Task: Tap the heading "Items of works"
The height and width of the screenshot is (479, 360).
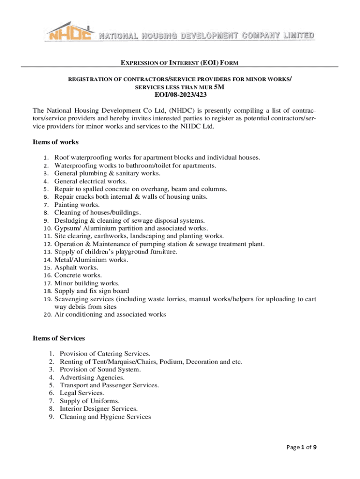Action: (55, 142)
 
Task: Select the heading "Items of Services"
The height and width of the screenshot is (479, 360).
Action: (58, 338)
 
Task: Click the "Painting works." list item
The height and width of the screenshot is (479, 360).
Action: (77, 205)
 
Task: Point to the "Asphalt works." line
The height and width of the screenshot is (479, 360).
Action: (76, 268)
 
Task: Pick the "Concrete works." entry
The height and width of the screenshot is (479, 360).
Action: (78, 276)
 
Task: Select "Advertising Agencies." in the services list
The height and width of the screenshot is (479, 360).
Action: (92, 377)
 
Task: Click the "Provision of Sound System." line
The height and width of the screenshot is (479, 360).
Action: (100, 370)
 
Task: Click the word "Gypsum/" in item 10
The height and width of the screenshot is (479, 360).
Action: (66, 228)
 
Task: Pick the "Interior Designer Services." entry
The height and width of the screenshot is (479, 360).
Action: (96, 409)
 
